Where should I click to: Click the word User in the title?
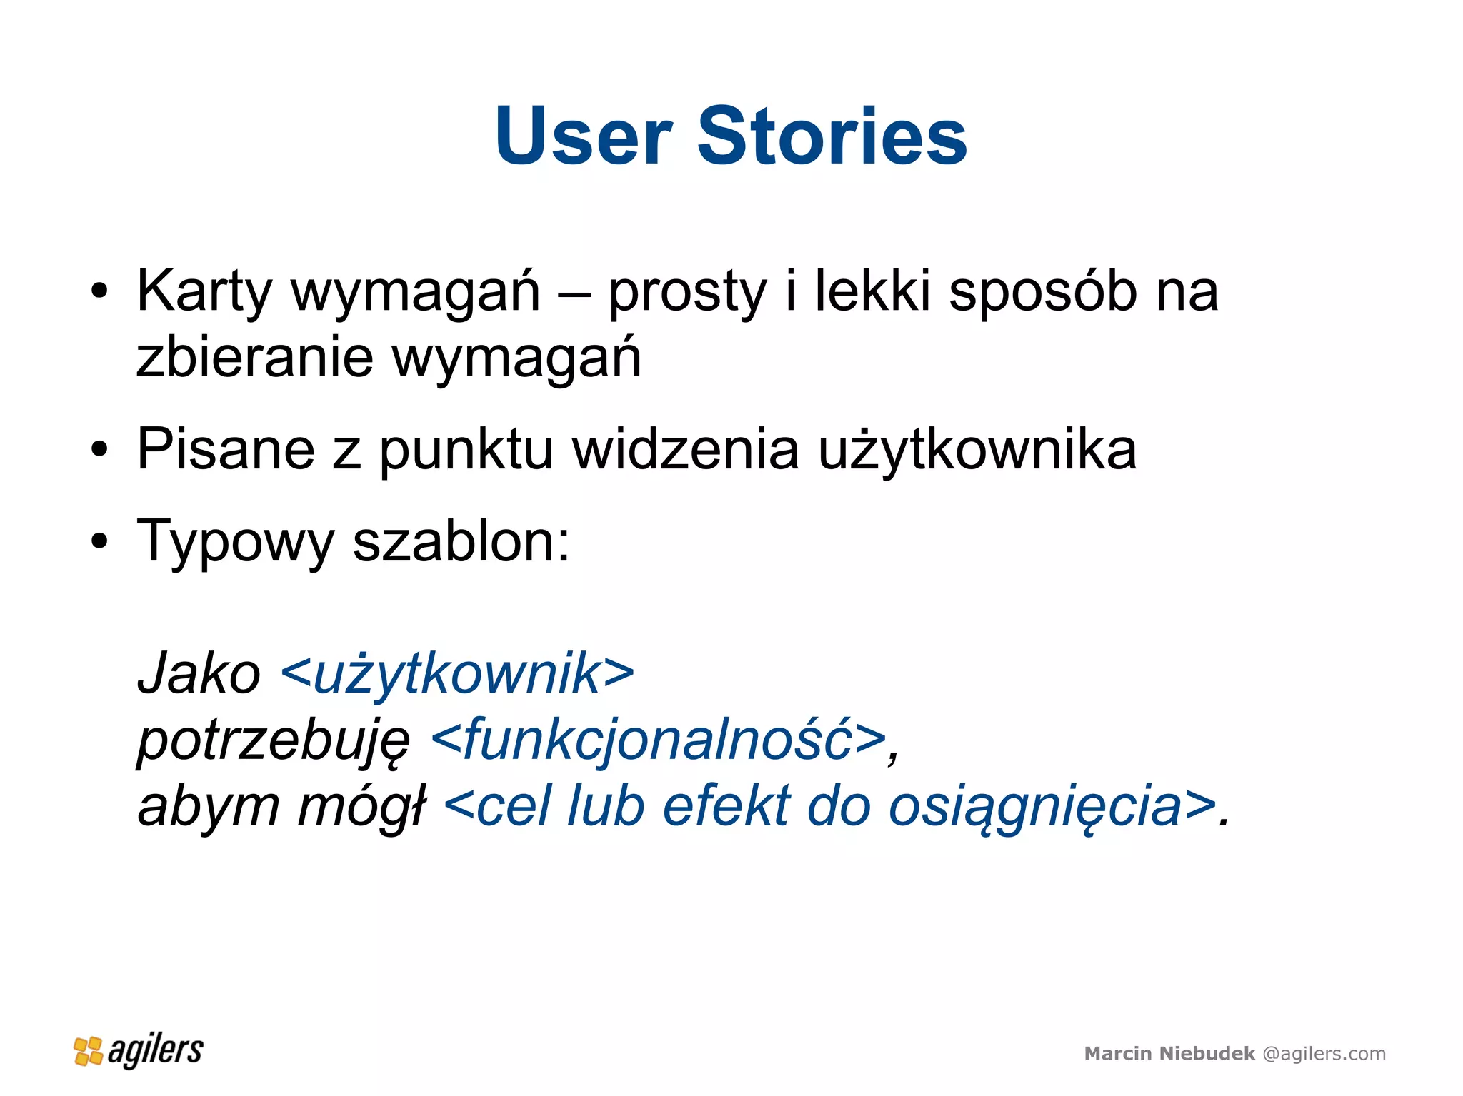tap(583, 136)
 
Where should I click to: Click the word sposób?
tap(1042, 291)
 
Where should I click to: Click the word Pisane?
tap(226, 449)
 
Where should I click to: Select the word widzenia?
tap(686, 449)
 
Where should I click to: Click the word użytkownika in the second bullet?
tap(977, 451)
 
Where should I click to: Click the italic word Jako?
tap(199, 673)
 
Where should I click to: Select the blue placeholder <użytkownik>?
tap(458, 673)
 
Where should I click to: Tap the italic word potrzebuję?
tap(274, 740)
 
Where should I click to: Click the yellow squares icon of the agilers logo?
tap(89, 1051)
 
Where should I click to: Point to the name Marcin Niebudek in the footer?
tap(1169, 1053)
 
